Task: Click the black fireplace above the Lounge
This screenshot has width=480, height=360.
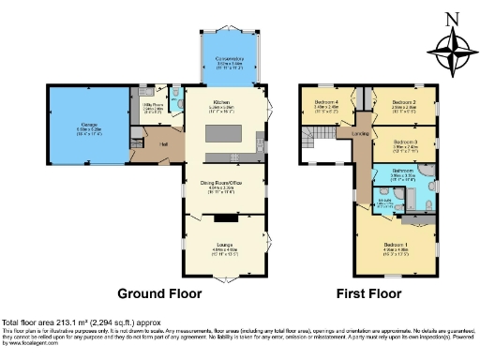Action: coord(224,217)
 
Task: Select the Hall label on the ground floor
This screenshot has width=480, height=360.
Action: coord(162,143)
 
